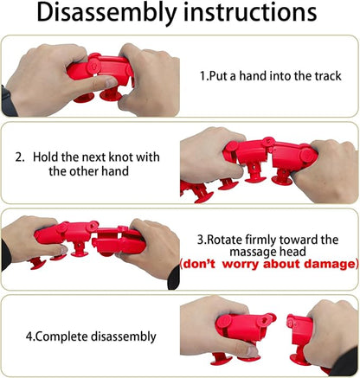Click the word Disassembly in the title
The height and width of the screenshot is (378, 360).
(x=106, y=14)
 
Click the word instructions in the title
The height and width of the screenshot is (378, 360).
(x=250, y=12)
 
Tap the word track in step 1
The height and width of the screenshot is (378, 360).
(x=328, y=76)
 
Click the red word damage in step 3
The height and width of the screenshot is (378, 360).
(x=329, y=264)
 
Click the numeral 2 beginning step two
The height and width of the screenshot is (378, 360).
(x=19, y=157)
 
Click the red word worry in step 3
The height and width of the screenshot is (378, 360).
(x=241, y=265)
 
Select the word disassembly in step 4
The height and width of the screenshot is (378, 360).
(x=124, y=336)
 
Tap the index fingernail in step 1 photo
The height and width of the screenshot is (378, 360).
(x=111, y=83)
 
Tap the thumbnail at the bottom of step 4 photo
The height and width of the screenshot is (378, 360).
(x=253, y=351)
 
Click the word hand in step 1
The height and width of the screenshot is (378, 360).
(x=254, y=76)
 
